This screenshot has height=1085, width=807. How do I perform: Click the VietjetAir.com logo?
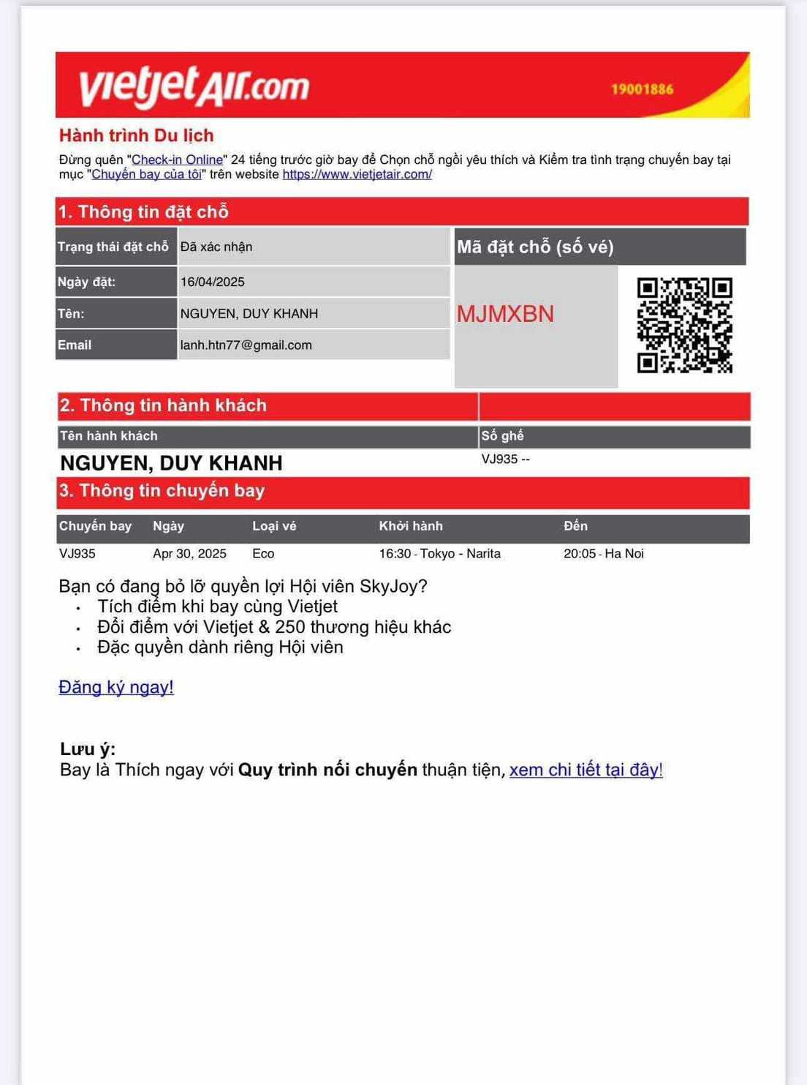[x=194, y=86]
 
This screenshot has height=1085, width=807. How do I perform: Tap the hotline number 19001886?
[x=642, y=89]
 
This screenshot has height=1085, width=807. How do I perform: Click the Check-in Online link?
[x=177, y=159]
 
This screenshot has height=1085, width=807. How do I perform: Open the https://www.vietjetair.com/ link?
[x=357, y=174]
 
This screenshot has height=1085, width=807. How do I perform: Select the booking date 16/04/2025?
[x=213, y=282]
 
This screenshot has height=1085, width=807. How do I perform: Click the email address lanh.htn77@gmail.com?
[x=246, y=345]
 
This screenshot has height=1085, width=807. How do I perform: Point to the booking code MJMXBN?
[x=505, y=314]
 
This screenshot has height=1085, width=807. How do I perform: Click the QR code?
[x=684, y=325]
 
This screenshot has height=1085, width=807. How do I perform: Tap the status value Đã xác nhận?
[x=216, y=247]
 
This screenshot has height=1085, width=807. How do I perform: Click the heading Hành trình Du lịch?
[x=137, y=135]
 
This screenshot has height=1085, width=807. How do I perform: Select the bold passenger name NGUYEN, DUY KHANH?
[x=171, y=463]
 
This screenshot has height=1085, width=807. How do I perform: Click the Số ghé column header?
[x=502, y=436]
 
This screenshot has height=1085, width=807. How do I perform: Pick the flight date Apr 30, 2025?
[x=189, y=554]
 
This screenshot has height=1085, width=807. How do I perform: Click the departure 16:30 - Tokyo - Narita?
[x=439, y=554]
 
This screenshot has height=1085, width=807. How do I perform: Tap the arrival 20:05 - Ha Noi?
[x=603, y=554]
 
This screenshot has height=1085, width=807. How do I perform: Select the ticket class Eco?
[x=263, y=554]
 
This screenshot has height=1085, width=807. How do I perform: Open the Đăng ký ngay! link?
[x=116, y=687]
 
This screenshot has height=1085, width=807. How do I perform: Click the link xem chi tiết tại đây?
[x=586, y=770]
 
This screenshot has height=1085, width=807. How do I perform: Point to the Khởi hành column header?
[x=410, y=526]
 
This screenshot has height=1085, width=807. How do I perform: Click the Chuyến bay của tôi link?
[x=146, y=174]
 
